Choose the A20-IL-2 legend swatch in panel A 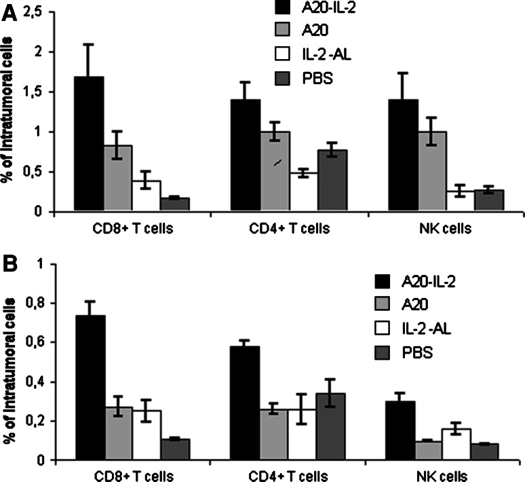(x=279, y=8)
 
